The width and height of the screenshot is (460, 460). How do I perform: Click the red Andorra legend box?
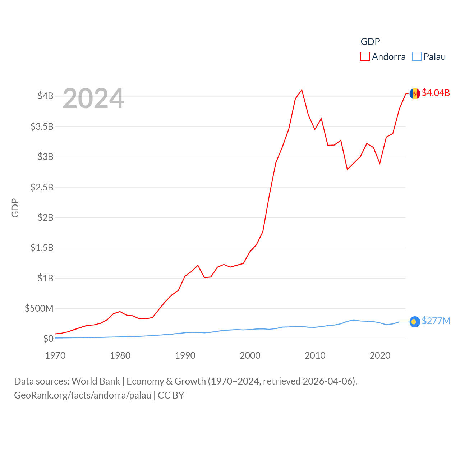pyautogui.click(x=365, y=57)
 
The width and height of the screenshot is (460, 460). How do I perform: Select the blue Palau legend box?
pyautogui.click(x=417, y=57)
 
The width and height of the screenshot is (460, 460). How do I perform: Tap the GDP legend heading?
pyautogui.click(x=370, y=42)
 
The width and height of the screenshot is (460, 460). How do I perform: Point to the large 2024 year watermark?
pyautogui.click(x=93, y=98)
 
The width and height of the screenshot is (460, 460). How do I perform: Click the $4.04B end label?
pyautogui.click(x=436, y=93)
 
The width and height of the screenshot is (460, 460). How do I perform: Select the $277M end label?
pyautogui.click(x=436, y=321)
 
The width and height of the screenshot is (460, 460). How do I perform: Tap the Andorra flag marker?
pyautogui.click(x=415, y=93)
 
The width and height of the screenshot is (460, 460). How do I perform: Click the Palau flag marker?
pyautogui.click(x=415, y=322)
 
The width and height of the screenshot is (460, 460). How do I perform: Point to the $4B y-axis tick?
pyautogui.click(x=46, y=96)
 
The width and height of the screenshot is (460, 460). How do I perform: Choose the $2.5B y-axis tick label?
pyautogui.click(x=42, y=187)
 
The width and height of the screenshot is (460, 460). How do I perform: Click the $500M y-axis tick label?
pyautogui.click(x=39, y=308)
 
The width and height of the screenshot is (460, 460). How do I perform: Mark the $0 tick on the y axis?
pyautogui.click(x=48, y=339)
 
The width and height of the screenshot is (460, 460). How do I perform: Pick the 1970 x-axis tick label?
pyautogui.click(x=55, y=355)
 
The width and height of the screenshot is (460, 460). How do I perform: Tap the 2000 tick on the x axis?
pyautogui.click(x=250, y=355)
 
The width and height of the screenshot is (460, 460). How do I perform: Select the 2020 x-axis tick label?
pyautogui.click(x=380, y=355)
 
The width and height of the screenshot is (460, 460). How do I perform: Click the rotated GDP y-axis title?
pyautogui.click(x=15, y=208)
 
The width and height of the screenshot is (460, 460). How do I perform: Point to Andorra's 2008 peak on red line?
pyautogui.click(x=302, y=90)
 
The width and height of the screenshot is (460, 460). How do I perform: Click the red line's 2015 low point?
pyautogui.click(x=347, y=169)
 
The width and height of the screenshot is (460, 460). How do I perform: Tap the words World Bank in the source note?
pyautogui.click(x=96, y=381)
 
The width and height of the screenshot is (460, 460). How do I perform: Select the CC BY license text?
pyautogui.click(x=171, y=395)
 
